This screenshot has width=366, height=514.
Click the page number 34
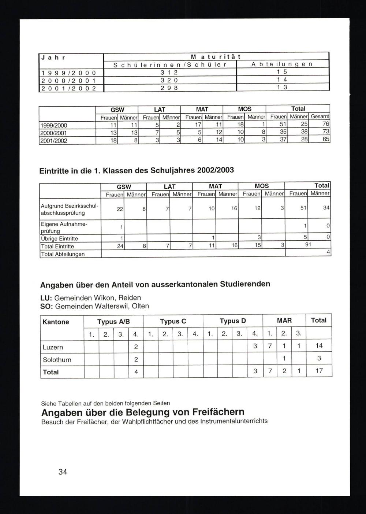click(x=63, y=472)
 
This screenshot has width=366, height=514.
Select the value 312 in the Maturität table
click(x=170, y=73)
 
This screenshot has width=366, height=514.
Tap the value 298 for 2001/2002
click(x=170, y=88)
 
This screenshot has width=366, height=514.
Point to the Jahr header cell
click(x=53, y=57)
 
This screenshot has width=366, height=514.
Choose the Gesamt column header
click(x=320, y=117)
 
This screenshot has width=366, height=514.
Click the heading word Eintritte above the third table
click(x=55, y=171)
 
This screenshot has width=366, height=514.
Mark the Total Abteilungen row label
click(x=63, y=254)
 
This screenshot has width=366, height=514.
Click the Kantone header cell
click(x=56, y=322)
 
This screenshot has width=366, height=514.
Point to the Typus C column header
click(x=173, y=321)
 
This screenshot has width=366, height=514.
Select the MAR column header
click(x=284, y=321)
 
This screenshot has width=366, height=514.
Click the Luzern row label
click(x=53, y=347)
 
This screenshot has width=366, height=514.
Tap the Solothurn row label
click(x=57, y=360)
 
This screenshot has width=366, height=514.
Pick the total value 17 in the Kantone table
click(x=319, y=371)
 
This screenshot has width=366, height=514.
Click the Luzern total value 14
click(x=319, y=345)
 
